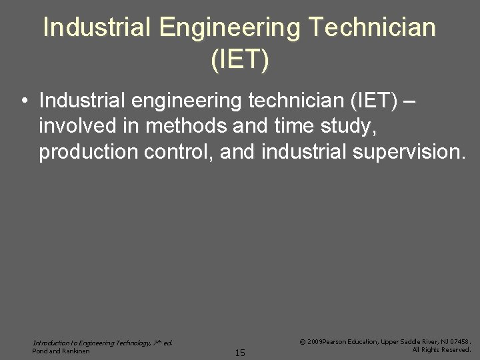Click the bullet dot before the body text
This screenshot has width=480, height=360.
tap(24, 101)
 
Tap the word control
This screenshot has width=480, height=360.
tap(176, 151)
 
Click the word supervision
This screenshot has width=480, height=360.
tap(410, 152)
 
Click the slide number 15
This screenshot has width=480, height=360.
tap(240, 353)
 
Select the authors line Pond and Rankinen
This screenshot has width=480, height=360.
tap(61, 351)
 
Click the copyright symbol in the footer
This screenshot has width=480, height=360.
tap(303, 341)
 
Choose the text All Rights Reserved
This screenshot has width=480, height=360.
tap(441, 349)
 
